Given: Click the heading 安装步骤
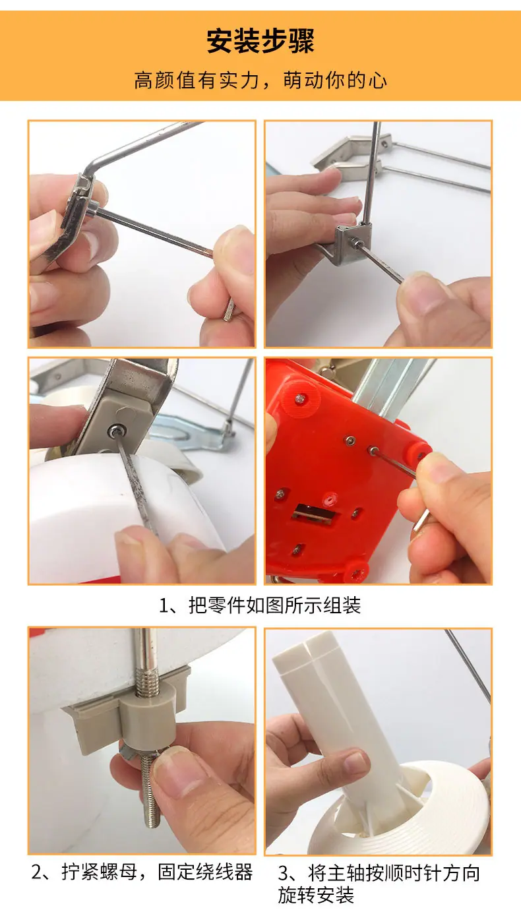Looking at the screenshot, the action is [260, 41].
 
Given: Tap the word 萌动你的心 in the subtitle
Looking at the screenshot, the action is [335, 80].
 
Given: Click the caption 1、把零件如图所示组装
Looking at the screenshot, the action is [260, 605].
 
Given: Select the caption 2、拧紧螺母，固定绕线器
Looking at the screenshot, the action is [142, 872].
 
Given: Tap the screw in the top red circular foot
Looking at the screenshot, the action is [300, 398].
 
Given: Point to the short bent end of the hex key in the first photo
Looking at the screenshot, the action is [229, 309].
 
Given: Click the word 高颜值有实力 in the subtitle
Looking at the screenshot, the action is [197, 80].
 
